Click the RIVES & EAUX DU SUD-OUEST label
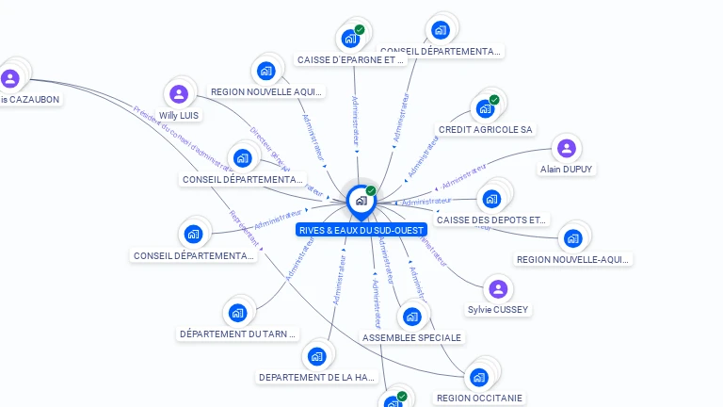361,230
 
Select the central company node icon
361,200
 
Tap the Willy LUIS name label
180,115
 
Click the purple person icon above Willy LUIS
179,94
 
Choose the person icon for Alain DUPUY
566,148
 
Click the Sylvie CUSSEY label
498,310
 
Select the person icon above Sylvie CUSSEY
498,288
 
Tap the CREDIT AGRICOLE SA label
486,129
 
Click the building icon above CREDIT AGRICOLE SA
486,108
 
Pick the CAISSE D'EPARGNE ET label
350,59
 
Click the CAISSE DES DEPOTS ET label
491,220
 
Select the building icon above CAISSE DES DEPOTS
491,199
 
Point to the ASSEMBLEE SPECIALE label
412,337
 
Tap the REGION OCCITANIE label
479,398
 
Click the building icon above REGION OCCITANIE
479,378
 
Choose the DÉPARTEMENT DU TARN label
238,334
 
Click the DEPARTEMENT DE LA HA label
316,378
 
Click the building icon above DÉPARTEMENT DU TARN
237,313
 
